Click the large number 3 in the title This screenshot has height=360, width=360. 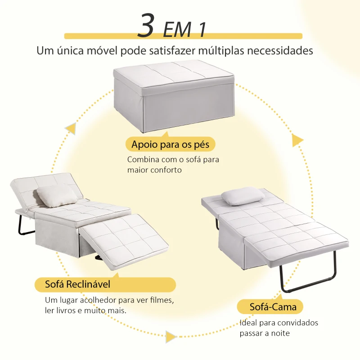coord(146,25)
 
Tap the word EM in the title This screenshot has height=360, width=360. coord(177,29)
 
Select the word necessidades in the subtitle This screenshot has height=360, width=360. coord(280,50)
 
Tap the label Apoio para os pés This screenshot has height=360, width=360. coord(171,144)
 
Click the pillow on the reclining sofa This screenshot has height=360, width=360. coord(57,196)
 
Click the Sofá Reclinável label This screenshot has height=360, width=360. coord(77,284)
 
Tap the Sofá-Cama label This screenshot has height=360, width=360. coord(273,307)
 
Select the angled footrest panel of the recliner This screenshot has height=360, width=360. coord(124,240)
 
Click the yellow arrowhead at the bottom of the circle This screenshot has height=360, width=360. coord(171,337)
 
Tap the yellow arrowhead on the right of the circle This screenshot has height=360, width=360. coord(297,140)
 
